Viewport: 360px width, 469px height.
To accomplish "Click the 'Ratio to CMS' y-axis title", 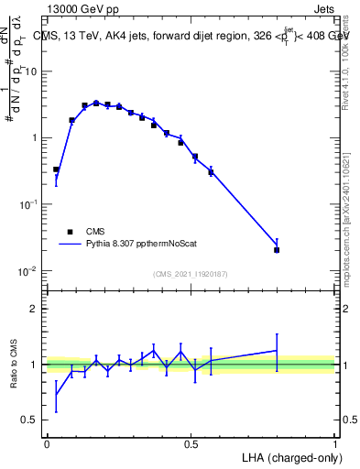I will [x=16, y=365].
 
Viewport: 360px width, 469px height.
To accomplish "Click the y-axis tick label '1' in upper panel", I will [x=35, y=138].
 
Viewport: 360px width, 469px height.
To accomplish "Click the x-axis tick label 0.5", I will [x=191, y=443].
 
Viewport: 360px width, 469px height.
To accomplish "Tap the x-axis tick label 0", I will [x=47, y=443].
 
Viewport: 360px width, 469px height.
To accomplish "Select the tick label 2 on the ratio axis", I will [x=35, y=309].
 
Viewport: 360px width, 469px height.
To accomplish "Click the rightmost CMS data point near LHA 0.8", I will [x=277, y=249].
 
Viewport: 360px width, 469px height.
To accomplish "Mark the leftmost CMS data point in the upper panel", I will [x=56, y=169].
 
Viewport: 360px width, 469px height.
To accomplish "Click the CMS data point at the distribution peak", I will [x=96, y=104].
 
